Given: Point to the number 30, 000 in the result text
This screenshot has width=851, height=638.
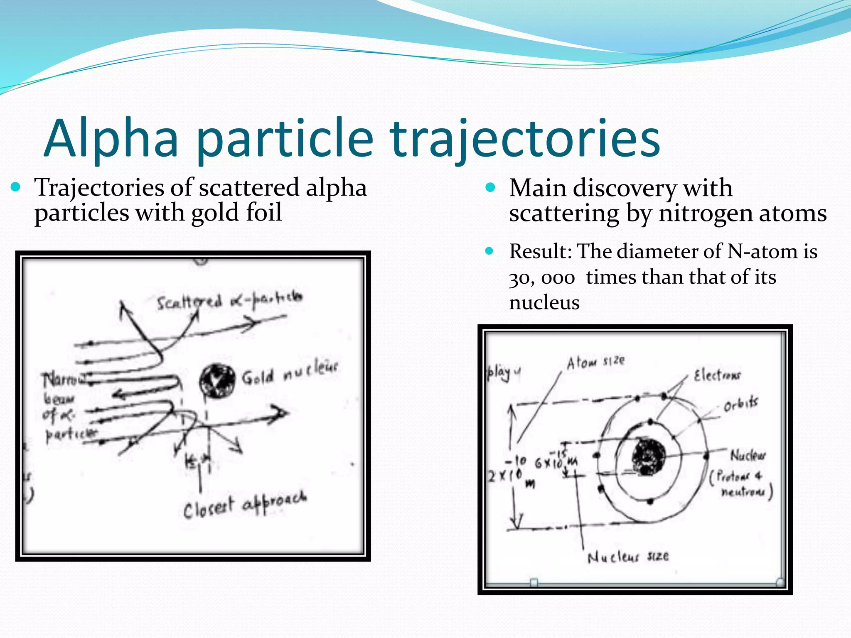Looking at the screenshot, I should (x=542, y=278).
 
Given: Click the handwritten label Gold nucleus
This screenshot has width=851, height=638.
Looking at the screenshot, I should (x=290, y=373).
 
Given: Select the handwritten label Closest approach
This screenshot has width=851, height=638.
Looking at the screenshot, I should (x=245, y=504).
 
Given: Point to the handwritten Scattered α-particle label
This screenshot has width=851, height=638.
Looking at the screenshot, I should (x=229, y=300).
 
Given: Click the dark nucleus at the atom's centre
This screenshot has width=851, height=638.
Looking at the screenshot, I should (x=648, y=456).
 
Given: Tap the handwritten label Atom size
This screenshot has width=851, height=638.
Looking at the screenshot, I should (x=595, y=362).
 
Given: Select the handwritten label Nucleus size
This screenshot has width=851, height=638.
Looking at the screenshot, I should (x=628, y=557).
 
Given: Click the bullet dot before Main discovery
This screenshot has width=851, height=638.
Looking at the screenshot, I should (x=490, y=188).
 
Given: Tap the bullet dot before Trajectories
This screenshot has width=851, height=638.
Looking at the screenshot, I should (x=16, y=187).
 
